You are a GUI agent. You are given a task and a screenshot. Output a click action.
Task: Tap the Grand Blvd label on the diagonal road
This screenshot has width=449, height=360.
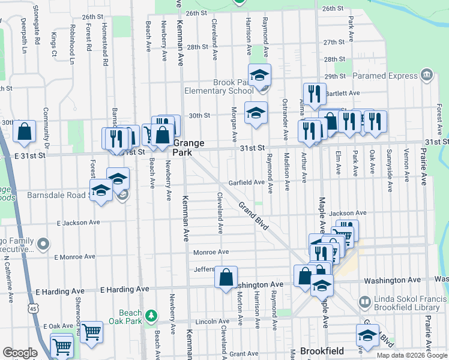pyautogui.click(x=252, y=212)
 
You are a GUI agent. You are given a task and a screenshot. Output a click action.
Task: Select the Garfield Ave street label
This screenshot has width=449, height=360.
pyautogui.click(x=246, y=182)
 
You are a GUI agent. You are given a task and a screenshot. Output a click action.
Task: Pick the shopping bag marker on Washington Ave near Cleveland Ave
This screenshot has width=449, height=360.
pyautogui.click(x=226, y=277)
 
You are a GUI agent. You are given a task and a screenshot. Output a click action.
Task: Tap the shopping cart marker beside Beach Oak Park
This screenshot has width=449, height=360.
pyautogui.click(x=91, y=331)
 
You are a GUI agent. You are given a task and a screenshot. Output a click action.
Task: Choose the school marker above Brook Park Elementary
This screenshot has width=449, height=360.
pyautogui.click(x=259, y=75)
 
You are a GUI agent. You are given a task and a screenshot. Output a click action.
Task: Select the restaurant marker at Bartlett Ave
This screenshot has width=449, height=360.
pyautogui.click(x=315, y=94)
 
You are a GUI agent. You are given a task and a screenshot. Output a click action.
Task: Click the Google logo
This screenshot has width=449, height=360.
pyautogui.click(x=20, y=352)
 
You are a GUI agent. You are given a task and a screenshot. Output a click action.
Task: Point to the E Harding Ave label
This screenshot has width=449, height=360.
pyautogui.click(x=125, y=289)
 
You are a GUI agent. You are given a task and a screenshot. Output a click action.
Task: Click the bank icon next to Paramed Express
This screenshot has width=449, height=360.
pyautogui.click(x=427, y=75)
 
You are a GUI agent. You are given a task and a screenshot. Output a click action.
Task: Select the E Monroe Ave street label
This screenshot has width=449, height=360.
pyautogui.click(x=74, y=257)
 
